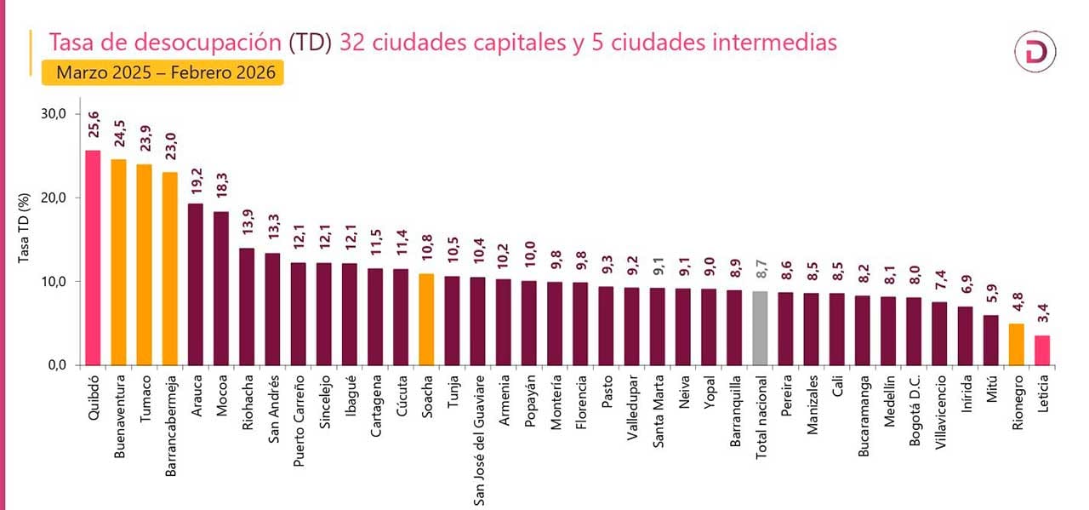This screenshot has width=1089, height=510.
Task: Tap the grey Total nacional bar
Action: [761, 329]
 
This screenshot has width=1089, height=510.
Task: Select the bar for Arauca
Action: [196, 284]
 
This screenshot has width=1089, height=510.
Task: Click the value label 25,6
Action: [94, 129]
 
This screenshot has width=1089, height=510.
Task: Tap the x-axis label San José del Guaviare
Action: [479, 438]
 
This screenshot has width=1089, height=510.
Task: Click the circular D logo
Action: [1035, 53]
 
